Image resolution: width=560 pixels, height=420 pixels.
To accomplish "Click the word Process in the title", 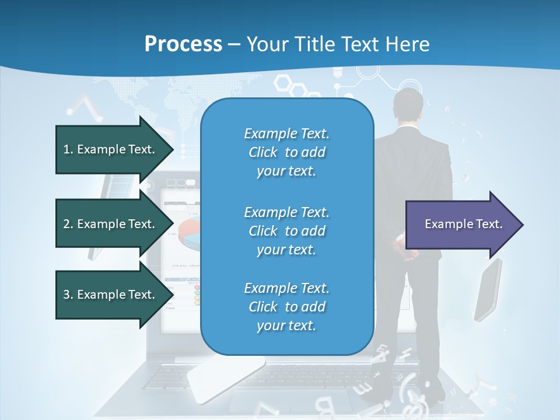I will [183, 44].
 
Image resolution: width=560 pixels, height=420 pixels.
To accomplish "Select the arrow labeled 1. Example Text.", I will [111, 149].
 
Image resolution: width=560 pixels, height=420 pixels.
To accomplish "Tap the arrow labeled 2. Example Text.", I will [111, 224].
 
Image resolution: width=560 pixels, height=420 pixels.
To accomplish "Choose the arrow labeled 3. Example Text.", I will [111, 295].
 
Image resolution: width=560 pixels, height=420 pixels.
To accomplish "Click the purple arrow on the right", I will [461, 225].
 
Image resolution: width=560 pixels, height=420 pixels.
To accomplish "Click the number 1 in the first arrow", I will [66, 149].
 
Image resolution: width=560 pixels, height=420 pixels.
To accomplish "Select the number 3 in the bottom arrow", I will [66, 295].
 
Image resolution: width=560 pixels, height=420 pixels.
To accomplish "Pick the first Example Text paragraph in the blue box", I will [286, 152].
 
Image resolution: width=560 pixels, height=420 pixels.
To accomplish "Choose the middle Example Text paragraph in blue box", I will [286, 231].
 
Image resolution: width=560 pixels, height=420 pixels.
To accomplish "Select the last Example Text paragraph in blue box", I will [286, 307].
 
